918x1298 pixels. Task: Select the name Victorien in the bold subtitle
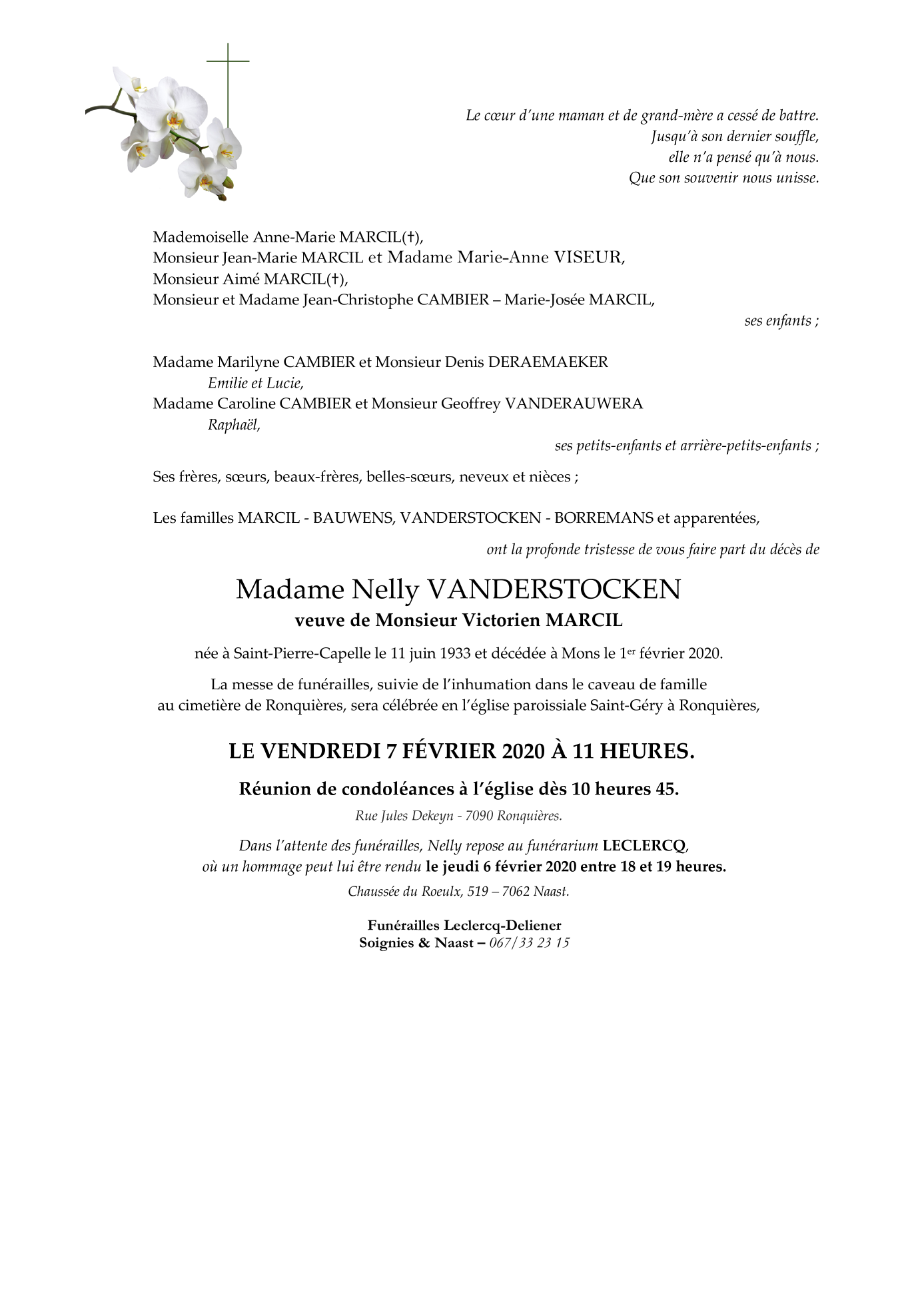(x=500, y=621)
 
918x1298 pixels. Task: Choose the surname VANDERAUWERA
(x=574, y=404)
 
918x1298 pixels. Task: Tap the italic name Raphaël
(x=233, y=425)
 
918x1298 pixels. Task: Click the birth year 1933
(x=455, y=653)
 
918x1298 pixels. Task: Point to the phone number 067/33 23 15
(x=529, y=943)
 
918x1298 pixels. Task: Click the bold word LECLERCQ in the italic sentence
(x=644, y=846)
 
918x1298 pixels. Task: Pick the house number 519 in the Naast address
(x=478, y=892)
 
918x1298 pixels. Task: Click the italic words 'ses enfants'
(x=781, y=321)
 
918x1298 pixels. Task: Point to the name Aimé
(x=242, y=279)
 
